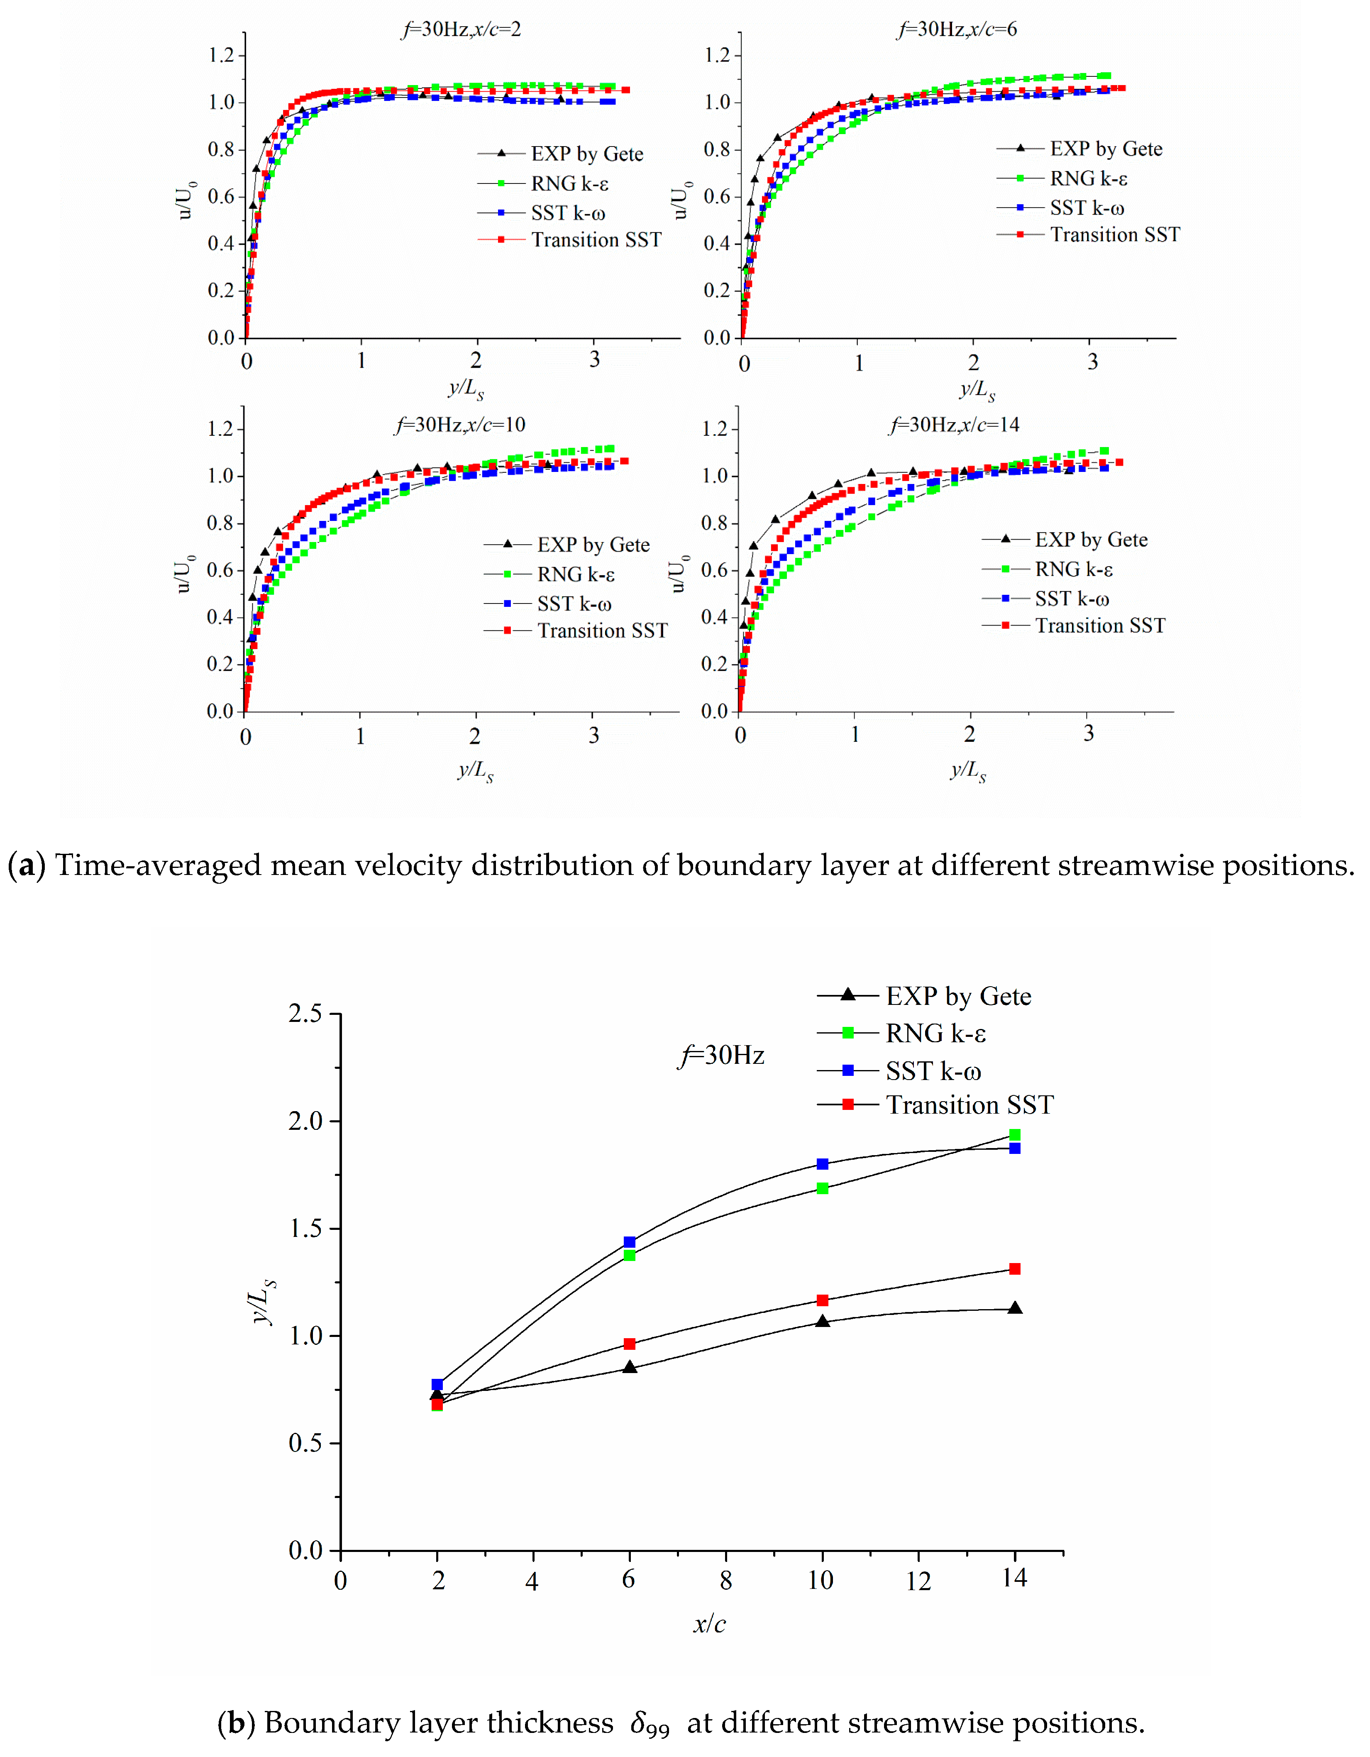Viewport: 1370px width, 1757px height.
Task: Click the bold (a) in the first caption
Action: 26,865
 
